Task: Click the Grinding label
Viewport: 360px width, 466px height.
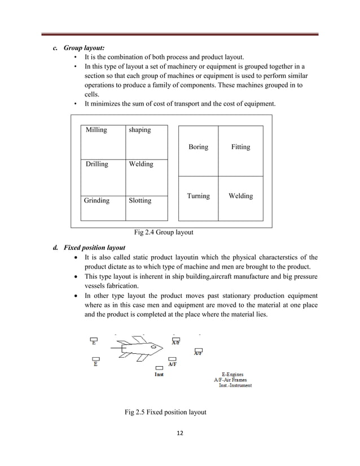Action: [x=96, y=200]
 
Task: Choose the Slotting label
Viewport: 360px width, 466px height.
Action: [x=140, y=200]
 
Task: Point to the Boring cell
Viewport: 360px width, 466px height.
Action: [x=198, y=147]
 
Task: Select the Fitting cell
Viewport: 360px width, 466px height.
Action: [x=240, y=147]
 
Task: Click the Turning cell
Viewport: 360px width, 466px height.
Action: [x=198, y=196]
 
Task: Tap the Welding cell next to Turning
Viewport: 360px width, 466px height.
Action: [x=240, y=196]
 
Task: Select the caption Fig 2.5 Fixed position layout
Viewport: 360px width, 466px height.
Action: [x=165, y=412]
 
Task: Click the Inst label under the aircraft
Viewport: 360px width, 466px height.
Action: [x=160, y=375]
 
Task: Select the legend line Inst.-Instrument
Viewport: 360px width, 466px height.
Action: [x=235, y=385]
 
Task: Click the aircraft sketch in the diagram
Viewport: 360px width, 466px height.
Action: [x=134, y=350]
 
